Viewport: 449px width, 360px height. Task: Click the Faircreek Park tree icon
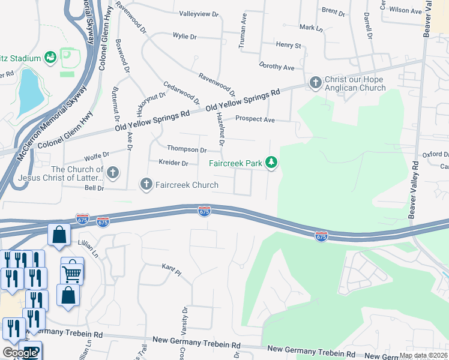coord(272,163)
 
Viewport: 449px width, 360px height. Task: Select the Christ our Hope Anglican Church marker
coord(315,82)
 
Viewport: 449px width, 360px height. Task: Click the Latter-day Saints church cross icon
coord(112,173)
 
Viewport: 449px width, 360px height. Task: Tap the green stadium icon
coord(50,58)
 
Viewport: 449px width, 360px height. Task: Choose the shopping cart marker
coord(71,273)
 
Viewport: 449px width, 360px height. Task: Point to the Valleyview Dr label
coord(203,13)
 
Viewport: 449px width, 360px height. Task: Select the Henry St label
coord(288,45)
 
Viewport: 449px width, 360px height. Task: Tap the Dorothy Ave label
coord(276,66)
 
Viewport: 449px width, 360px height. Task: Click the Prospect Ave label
coord(255,119)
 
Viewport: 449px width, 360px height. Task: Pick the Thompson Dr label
coord(187,149)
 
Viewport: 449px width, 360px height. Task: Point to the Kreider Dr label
coord(173,163)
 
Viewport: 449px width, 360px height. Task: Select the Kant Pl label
coord(171,269)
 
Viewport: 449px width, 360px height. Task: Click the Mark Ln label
coord(311,28)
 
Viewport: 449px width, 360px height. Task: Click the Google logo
coord(20,352)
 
